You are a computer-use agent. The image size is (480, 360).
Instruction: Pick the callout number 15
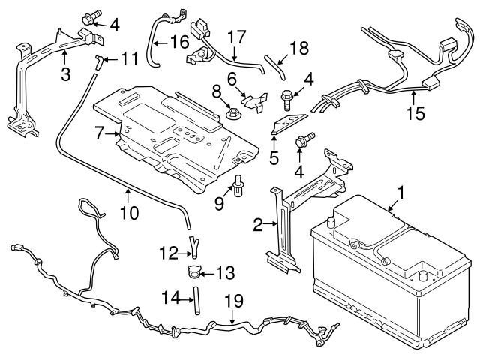(415, 113)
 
